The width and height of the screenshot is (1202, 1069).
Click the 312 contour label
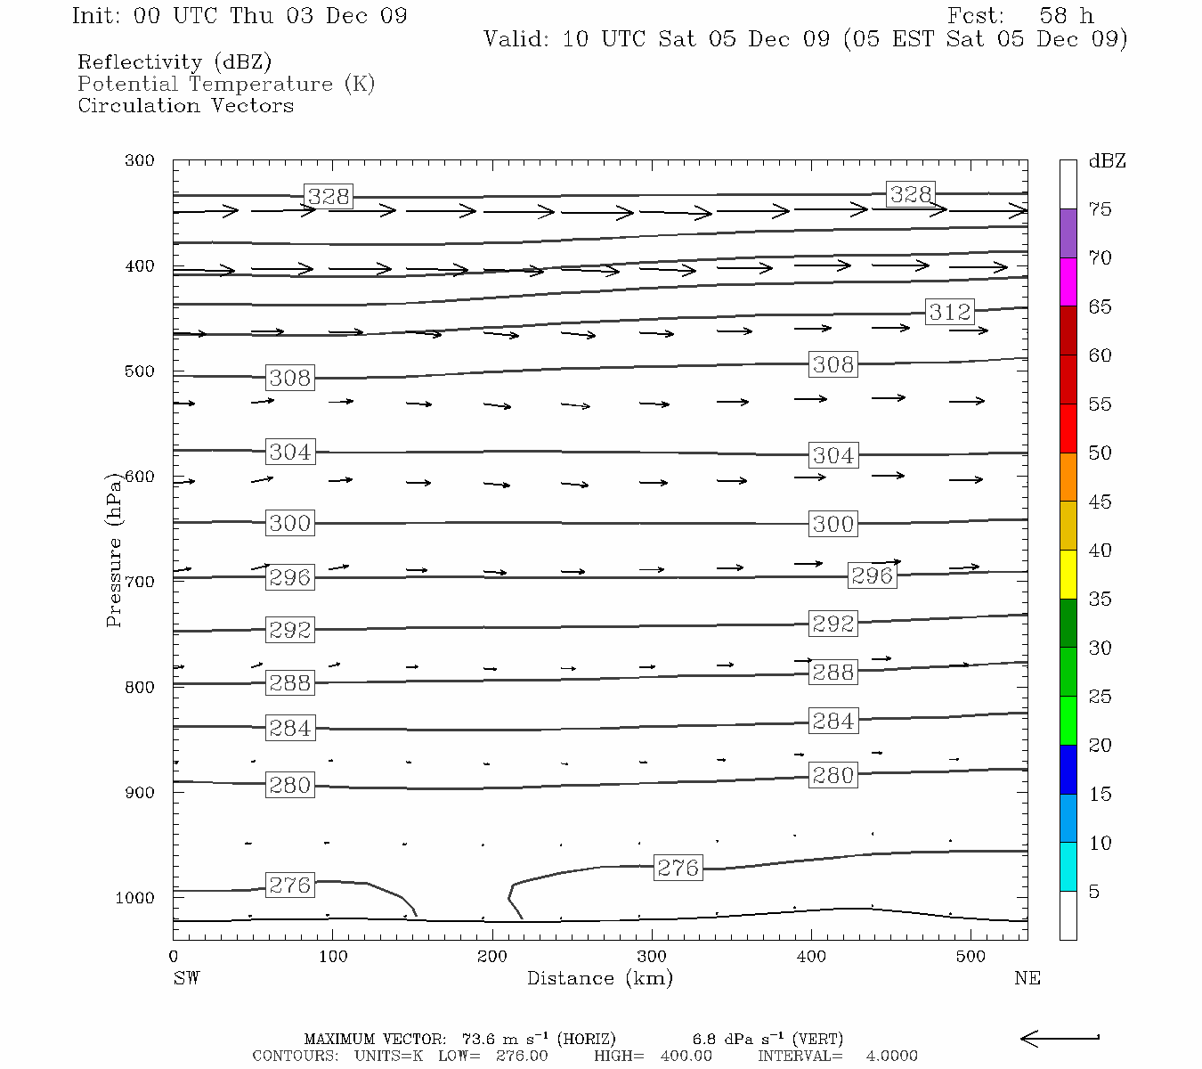pos(950,312)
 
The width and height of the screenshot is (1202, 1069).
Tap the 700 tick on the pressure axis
pos(139,582)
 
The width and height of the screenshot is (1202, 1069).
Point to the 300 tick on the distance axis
pos(652,956)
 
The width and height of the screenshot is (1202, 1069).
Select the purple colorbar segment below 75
pos(1068,233)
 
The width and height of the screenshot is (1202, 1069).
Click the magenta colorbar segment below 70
pos(1068,282)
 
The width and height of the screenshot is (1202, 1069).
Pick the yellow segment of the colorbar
pos(1068,575)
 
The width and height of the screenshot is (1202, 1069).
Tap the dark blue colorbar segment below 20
pos(1068,769)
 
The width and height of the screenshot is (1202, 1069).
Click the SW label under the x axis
pos(186,978)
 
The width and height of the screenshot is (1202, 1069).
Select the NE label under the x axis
pos(1027,978)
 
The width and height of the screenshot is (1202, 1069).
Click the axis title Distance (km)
pos(599,978)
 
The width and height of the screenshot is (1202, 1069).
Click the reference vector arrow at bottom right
pos(1059,1038)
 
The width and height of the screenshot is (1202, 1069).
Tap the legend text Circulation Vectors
pos(185,105)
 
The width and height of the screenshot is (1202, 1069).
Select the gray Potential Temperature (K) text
pos(226,84)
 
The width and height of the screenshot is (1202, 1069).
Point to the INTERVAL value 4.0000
pos(891,1056)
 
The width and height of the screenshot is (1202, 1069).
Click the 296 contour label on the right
pos(872,575)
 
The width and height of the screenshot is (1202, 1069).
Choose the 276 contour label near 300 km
pos(678,867)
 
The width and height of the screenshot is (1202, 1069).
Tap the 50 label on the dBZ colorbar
pos(1100,453)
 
